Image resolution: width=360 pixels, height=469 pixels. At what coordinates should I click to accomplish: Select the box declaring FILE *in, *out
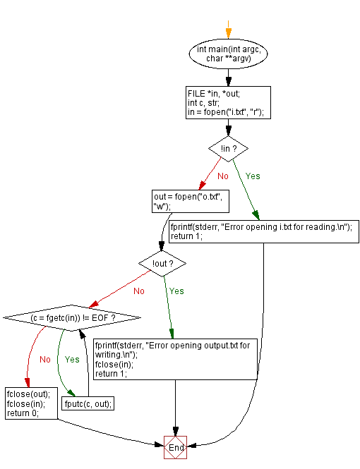pyautogui.click(x=228, y=103)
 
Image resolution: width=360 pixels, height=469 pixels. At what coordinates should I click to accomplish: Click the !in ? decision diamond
pyautogui.click(x=228, y=149)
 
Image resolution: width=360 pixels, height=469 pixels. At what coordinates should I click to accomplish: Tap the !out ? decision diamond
pyautogui.click(x=162, y=263)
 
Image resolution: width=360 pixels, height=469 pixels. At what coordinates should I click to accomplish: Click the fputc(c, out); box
pyautogui.click(x=89, y=404)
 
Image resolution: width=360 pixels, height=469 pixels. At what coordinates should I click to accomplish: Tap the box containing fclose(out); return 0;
pyautogui.click(x=30, y=404)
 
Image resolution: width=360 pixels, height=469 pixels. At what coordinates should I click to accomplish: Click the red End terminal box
pyautogui.click(x=176, y=447)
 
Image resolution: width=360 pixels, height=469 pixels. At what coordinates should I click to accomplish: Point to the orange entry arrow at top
pyautogui.click(x=228, y=31)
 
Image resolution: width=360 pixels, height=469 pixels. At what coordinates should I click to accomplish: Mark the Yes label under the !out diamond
pyautogui.click(x=176, y=291)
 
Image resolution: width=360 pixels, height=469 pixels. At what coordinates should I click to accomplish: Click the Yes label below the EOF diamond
pyautogui.click(x=73, y=359)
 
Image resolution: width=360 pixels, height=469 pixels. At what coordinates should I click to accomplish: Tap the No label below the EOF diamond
pyautogui.click(x=45, y=359)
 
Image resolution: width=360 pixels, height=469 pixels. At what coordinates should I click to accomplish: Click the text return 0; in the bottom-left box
pyautogui.click(x=22, y=413)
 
